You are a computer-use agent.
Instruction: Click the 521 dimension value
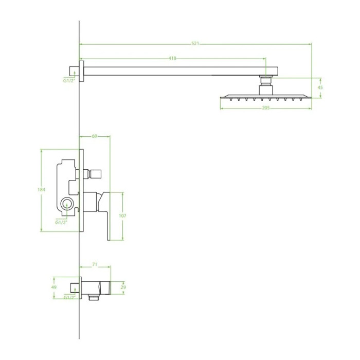tap(195, 44)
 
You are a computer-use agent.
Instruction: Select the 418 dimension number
tap(172, 59)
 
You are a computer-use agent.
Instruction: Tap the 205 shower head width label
tap(266, 108)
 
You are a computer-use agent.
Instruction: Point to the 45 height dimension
tap(320, 87)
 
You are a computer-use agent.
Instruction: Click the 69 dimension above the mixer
tap(94, 136)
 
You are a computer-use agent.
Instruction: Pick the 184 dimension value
tap(41, 190)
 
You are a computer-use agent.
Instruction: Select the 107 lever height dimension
tap(122, 216)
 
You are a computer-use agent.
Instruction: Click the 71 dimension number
tap(95, 265)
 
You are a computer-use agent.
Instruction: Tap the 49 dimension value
tap(54, 287)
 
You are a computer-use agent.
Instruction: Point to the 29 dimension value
tap(123, 287)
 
